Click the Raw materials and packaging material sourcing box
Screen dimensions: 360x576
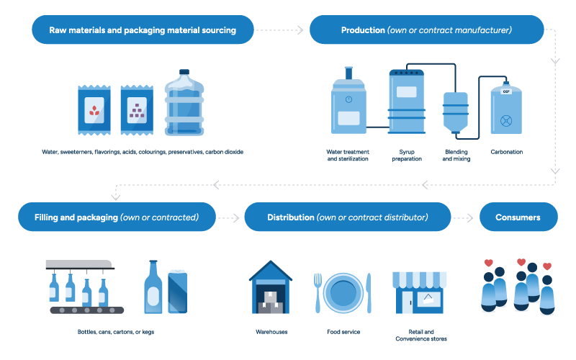click(143, 30)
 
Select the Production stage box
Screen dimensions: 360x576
click(426, 30)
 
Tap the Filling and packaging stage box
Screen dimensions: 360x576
click(117, 217)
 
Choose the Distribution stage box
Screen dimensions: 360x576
click(348, 217)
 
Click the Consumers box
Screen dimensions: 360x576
click(518, 217)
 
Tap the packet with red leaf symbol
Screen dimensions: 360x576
click(94, 110)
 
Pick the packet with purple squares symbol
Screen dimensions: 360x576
click(137, 110)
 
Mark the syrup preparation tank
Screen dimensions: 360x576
click(407, 103)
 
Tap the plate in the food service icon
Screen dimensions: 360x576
click(343, 293)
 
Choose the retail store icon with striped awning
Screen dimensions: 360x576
click(418, 292)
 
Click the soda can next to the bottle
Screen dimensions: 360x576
click(177, 291)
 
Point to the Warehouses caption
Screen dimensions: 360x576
click(271, 332)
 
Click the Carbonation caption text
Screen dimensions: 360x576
click(506, 152)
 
